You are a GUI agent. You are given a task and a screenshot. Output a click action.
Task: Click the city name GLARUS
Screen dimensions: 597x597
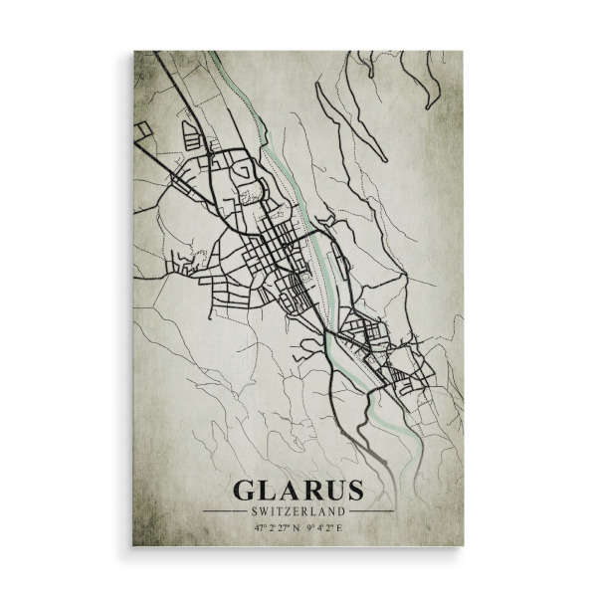click(x=298, y=491)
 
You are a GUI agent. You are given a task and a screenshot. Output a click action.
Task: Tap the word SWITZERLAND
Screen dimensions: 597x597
click(x=298, y=511)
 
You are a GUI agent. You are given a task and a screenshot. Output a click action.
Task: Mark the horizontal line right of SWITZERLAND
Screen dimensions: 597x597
click(x=370, y=511)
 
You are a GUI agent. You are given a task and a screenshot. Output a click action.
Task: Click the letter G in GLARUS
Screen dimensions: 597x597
click(x=244, y=491)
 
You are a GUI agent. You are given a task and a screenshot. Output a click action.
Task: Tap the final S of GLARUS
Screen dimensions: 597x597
click(x=352, y=491)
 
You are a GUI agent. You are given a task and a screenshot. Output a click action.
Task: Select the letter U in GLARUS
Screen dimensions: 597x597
click(x=331, y=491)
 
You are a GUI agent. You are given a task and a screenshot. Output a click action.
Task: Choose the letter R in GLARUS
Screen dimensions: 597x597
click(x=309, y=491)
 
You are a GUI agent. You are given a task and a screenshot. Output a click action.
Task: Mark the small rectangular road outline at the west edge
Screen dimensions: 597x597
click(x=143, y=130)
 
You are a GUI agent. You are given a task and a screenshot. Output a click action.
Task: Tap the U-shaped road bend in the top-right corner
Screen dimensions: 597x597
click(x=431, y=99)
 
